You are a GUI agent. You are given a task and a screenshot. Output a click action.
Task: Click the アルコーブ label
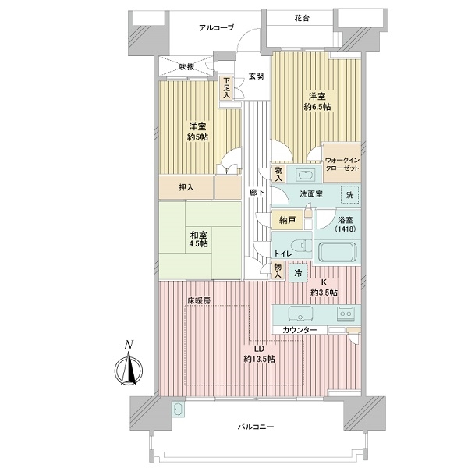click(x=216, y=28)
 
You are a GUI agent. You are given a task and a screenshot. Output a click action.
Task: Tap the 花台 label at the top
click(x=302, y=19)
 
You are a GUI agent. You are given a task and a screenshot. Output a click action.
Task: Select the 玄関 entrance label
click(x=256, y=76)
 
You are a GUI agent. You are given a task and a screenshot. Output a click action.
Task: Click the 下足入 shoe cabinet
click(x=226, y=88)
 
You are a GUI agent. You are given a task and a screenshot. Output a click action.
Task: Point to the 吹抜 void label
click(x=186, y=67)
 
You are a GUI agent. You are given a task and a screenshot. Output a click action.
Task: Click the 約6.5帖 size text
click(x=317, y=107)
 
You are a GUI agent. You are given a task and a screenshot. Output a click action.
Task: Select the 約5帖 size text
click(x=197, y=137)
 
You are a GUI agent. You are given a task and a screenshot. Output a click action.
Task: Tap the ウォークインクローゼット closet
click(x=342, y=164)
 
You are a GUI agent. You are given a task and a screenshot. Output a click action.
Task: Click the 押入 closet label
click(x=186, y=187)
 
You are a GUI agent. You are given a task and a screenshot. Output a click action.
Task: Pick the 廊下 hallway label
click(x=257, y=193)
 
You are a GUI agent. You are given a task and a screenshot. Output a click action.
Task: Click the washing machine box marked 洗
click(x=350, y=195)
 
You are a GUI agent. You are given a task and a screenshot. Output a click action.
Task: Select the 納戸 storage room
click(x=287, y=220)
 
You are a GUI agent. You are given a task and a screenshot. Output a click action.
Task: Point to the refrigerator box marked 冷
click(x=298, y=273)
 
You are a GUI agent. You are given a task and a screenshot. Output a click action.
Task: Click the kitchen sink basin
click(x=300, y=314)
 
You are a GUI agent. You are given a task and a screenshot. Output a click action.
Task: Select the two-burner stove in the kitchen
click(x=346, y=314)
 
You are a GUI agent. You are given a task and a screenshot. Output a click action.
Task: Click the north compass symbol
click(x=129, y=367)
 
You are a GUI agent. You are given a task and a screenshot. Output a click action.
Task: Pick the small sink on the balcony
click(x=179, y=409)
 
